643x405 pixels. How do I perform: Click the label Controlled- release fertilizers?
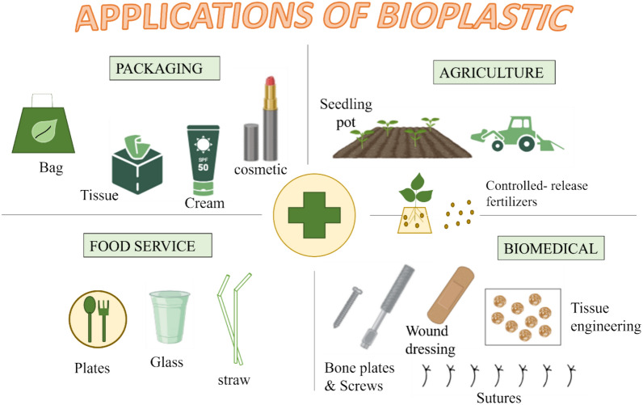pyautogui.click(x=536, y=195)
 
